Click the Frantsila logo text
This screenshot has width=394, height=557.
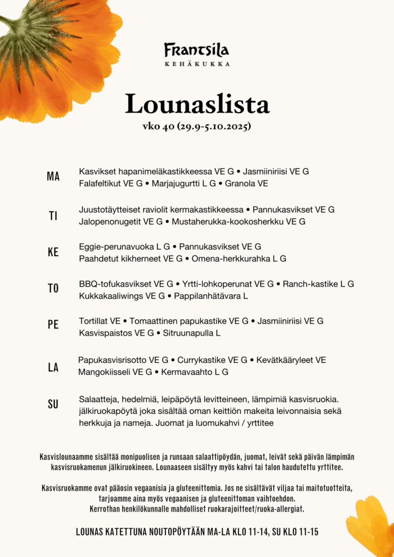coord(196,50)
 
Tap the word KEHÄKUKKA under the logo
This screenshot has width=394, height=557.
coord(196,64)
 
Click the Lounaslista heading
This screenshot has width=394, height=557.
coord(197,104)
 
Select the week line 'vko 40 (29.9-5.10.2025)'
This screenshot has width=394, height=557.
coord(196,127)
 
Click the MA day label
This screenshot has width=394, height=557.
coord(53,177)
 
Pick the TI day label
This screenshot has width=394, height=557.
coord(53,215)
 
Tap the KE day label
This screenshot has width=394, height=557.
coord(53,252)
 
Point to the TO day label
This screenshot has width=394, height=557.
coord(53,289)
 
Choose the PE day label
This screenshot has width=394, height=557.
coord(53,325)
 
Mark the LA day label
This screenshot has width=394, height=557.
coord(53,368)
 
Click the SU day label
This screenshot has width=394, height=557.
coord(53,405)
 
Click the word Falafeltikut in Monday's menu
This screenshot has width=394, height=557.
coord(100,184)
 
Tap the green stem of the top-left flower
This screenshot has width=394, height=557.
coord(11,23)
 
